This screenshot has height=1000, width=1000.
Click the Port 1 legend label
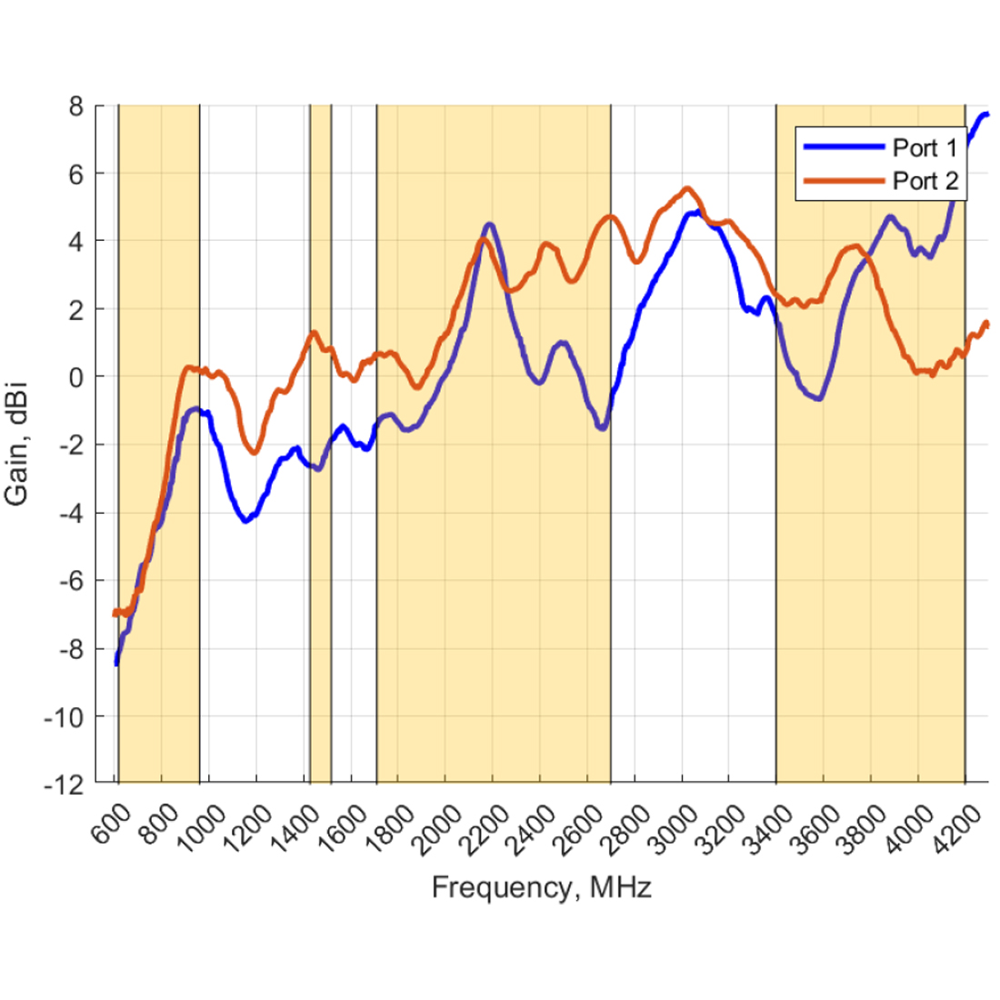tap(925, 147)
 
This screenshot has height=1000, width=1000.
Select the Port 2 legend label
tap(925, 181)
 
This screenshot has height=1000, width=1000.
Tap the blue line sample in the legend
tap(841, 147)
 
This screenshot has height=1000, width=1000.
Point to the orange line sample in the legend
tap(841, 181)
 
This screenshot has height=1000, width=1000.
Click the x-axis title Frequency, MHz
tap(541, 887)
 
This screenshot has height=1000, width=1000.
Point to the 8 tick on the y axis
tap(75, 105)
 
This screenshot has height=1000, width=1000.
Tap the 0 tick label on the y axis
tap(75, 376)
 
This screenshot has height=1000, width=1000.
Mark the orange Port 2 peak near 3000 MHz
tap(687, 189)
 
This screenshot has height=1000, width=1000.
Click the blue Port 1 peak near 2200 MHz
tap(490, 224)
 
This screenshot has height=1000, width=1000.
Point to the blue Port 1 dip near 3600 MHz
tap(819, 398)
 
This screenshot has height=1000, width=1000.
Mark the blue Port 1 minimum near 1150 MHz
tap(245, 521)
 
